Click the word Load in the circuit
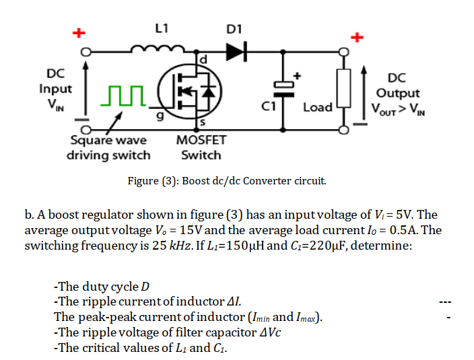(x=318, y=107)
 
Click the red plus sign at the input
(x=78, y=32)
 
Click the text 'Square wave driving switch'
(x=108, y=147)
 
